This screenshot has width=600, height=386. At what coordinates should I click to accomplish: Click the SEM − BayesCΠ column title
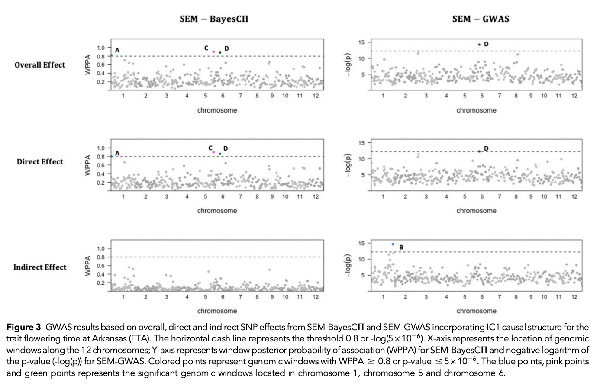pyautogui.click(x=214, y=19)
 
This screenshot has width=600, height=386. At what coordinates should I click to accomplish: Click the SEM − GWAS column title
pyautogui.click(x=481, y=19)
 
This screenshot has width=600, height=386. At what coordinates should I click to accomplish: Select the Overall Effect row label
pyautogui.click(x=40, y=65)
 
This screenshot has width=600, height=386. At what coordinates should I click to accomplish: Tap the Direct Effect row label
pyautogui.click(x=40, y=162)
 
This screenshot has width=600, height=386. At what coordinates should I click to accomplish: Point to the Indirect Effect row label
pyautogui.click(x=40, y=267)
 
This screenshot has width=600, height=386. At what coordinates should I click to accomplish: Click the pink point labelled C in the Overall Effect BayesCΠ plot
pyautogui.click(x=213, y=51)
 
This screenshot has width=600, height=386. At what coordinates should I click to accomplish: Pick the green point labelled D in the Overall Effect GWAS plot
pyautogui.click(x=479, y=44)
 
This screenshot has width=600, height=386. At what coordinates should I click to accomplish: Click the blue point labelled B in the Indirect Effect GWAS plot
pyautogui.click(x=393, y=244)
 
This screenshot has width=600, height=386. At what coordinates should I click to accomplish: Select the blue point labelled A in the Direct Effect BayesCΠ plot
pyautogui.click(x=112, y=156)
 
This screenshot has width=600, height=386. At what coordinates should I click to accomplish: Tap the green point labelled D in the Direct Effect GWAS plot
pyautogui.click(x=479, y=151)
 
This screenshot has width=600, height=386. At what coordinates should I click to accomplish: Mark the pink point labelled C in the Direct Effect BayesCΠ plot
pyautogui.click(x=213, y=152)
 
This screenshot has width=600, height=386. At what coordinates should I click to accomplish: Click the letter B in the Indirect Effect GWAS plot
pyautogui.click(x=401, y=248)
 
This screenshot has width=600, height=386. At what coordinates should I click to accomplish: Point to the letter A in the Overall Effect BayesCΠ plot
pyautogui.click(x=117, y=51)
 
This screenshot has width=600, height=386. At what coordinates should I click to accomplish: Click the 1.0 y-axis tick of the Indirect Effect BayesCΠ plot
pyautogui.click(x=100, y=248)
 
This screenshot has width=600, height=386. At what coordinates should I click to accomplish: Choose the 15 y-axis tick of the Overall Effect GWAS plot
pyautogui.click(x=361, y=42)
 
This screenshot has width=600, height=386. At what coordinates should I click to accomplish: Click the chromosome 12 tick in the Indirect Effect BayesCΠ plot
pyautogui.click(x=316, y=297)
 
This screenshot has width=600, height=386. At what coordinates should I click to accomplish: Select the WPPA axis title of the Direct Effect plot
pyautogui.click(x=88, y=165)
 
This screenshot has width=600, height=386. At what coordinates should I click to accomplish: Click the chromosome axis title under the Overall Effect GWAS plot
pyautogui.click(x=476, y=110)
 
